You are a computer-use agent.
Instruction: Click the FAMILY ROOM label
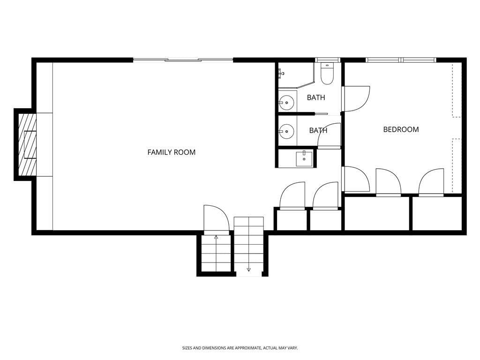tap(172, 152)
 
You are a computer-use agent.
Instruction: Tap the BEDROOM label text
tap(401, 129)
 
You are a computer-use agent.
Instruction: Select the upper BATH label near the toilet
tap(316, 97)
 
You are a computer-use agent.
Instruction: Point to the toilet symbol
tap(327, 74)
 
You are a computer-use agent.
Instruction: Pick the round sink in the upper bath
tap(286, 102)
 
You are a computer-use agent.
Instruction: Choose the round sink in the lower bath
tap(286, 131)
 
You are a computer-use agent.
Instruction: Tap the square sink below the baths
tap(304, 158)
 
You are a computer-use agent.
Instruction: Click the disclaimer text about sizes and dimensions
tap(240, 348)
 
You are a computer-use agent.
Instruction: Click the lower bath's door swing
tap(330, 136)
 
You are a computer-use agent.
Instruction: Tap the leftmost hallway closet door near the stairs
tap(292, 196)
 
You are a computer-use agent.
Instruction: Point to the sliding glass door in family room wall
tap(183, 60)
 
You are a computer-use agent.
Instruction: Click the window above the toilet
tap(328, 60)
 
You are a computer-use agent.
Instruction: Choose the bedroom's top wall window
tap(400, 60)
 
